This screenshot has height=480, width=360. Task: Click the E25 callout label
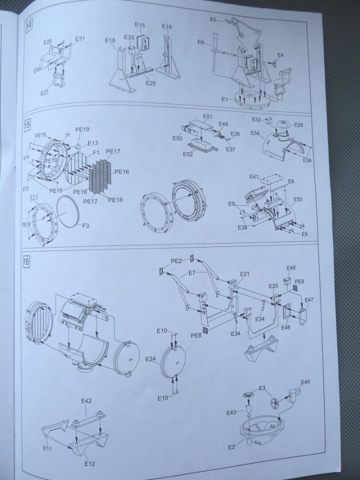(x=150, y=83)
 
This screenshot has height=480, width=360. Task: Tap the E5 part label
(x=213, y=20)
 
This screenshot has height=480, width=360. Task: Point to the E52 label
(x=188, y=154)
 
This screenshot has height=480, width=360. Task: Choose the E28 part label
(x=298, y=125)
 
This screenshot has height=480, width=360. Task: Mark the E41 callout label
(x=254, y=177)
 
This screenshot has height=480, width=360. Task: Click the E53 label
(x=298, y=199)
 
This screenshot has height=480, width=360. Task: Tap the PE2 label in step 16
(x=177, y=261)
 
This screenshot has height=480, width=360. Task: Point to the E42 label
(x=86, y=401)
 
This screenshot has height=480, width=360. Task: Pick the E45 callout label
(x=305, y=382)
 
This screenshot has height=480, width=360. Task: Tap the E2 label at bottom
(x=231, y=446)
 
